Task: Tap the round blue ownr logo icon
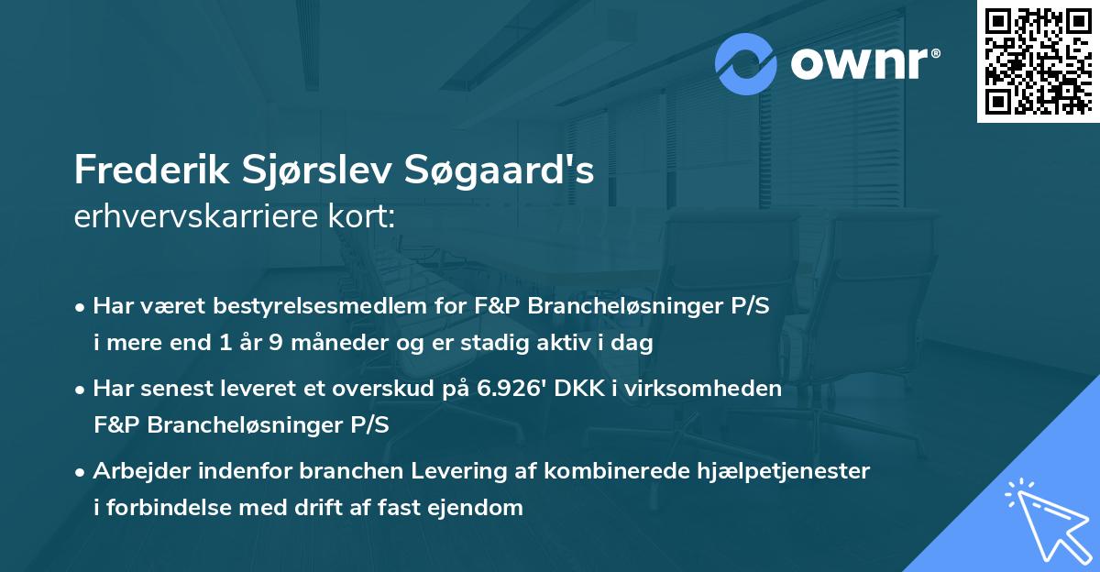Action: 746,64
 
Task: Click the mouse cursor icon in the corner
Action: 1046,519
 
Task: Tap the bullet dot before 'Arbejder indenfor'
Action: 82,472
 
